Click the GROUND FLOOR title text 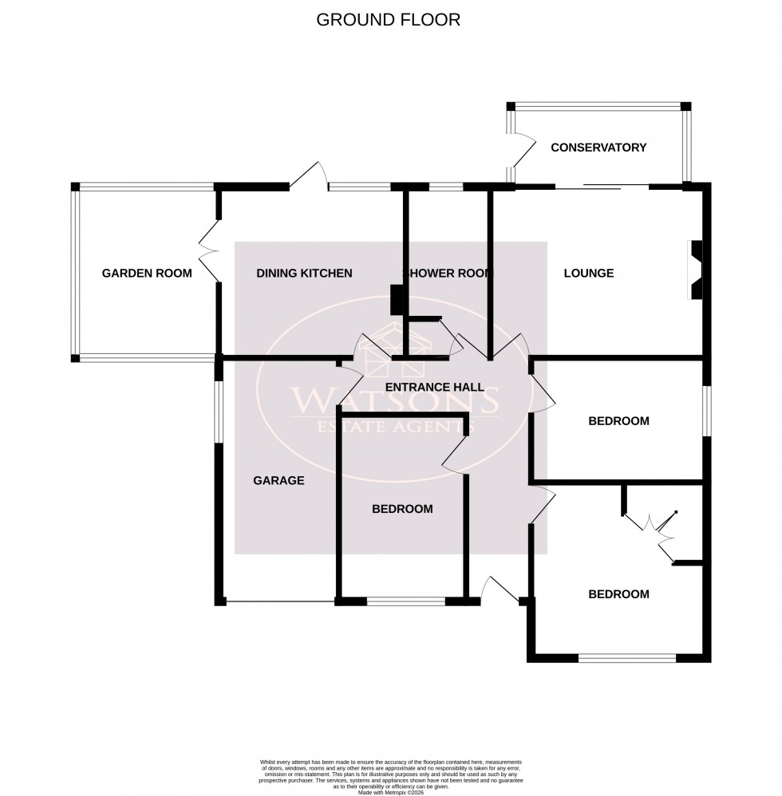[389, 20]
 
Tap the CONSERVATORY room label [598, 148]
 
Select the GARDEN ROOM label [147, 274]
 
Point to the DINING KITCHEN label [304, 274]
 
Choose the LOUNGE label [589, 274]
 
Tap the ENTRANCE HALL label [434, 388]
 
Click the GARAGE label [279, 480]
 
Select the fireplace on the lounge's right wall [694, 270]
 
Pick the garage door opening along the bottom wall [279, 601]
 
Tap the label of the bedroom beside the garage [402, 509]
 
